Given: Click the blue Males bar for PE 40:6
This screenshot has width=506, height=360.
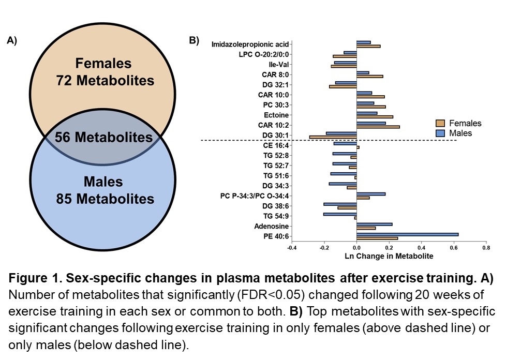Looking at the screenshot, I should click(x=407, y=234).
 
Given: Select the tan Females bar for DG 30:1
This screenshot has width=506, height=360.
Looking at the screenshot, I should click(x=333, y=137).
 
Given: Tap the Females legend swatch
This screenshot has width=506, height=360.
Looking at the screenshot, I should click(x=440, y=123).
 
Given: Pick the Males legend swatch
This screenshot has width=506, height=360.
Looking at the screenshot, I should click(x=440, y=133).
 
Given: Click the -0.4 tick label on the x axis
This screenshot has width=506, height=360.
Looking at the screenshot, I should click(x=292, y=248).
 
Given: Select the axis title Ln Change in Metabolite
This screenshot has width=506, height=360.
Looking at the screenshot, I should click(x=389, y=256).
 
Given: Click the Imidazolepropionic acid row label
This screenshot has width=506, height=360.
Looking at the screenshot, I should click(x=250, y=44).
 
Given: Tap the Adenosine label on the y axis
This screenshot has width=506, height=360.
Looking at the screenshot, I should click(x=272, y=227).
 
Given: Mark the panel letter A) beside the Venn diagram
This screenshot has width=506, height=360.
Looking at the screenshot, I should click(x=11, y=41).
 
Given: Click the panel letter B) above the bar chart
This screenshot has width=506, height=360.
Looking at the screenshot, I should click(x=194, y=40).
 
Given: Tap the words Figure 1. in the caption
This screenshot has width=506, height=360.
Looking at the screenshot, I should click(x=32, y=279).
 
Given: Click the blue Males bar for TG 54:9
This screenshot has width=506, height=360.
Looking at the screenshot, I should click(x=340, y=214).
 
